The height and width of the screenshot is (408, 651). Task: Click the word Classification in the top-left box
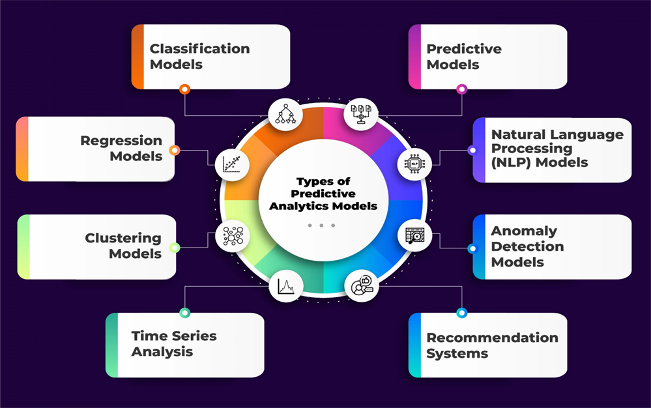point(199,49)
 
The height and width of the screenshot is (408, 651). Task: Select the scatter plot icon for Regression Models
point(232,164)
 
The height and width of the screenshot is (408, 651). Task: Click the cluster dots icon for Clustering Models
point(233,236)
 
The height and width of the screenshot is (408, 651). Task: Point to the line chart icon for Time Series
point(285,286)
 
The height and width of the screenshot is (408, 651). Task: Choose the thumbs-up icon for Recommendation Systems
point(362,286)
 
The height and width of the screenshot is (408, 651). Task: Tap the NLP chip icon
point(414,164)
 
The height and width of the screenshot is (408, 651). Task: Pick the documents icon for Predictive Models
point(361,114)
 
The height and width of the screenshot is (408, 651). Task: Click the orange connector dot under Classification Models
point(185,89)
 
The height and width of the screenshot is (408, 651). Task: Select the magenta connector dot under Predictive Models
point(461,89)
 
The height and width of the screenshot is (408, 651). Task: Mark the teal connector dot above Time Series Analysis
point(185,313)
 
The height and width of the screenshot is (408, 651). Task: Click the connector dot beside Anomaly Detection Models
point(472,248)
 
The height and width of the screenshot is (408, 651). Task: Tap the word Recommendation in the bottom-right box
point(492,338)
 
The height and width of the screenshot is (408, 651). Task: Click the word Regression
point(121,141)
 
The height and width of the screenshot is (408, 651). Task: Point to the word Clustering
point(123,239)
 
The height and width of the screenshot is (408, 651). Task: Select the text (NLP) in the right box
point(512,162)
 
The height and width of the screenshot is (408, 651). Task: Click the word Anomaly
point(524,231)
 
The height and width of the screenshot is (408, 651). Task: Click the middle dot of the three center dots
point(321,226)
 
